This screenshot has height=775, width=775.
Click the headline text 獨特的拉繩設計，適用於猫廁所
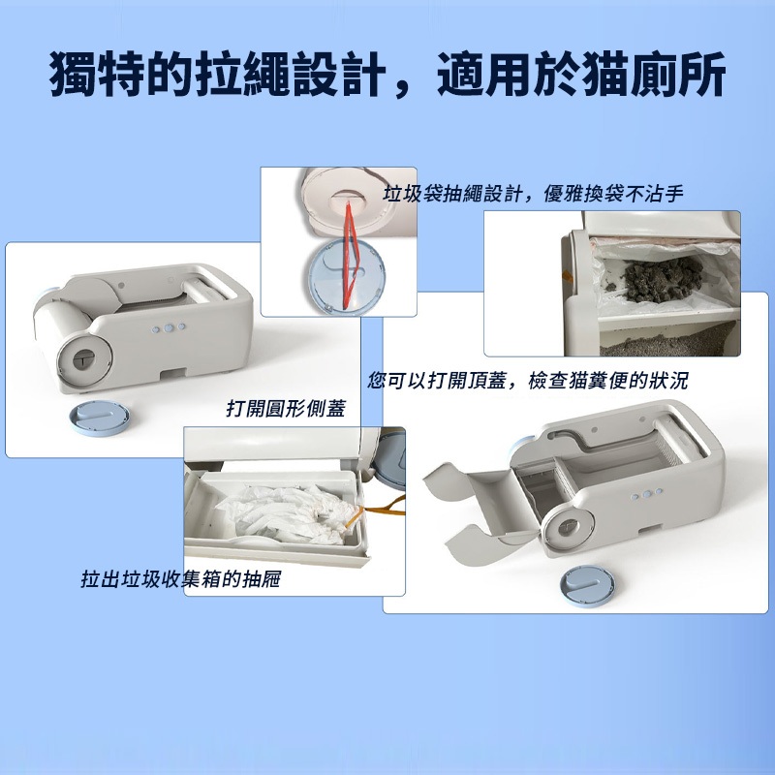pyautogui.click(x=387, y=74)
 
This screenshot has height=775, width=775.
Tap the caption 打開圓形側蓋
pyautogui.click(x=286, y=408)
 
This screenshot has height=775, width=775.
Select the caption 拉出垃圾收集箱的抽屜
pyautogui.click(x=181, y=578)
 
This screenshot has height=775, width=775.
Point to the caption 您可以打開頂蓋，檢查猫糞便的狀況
pyautogui.click(x=527, y=381)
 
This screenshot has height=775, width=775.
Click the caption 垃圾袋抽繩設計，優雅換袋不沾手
pyautogui.click(x=534, y=193)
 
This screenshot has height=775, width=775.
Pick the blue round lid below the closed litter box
pyautogui.click(x=101, y=418)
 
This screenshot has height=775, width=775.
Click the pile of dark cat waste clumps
pyautogui.click(x=662, y=278)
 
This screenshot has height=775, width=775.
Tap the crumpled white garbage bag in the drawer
pyautogui.click(x=287, y=514)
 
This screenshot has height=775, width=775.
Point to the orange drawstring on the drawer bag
pyautogui.click(x=375, y=510)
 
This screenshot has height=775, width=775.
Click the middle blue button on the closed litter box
pyautogui.click(x=169, y=327)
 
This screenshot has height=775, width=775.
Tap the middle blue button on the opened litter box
pyautogui.click(x=646, y=494)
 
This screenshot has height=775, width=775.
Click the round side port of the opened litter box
pyautogui.click(x=568, y=530)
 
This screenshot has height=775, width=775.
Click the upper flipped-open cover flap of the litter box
pyautogui.click(x=475, y=480)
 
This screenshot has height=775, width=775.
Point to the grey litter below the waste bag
pyautogui.click(x=669, y=342)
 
